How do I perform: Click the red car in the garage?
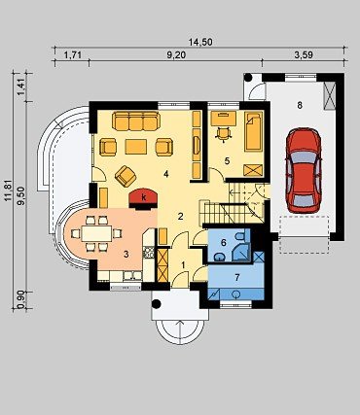pyautogui.click(x=304, y=171)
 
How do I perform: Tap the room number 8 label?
pyautogui.click(x=300, y=105)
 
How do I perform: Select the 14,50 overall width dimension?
pyautogui.click(x=200, y=42)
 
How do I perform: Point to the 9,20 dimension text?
pyautogui.click(x=176, y=55)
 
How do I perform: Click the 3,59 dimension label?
pyautogui.click(x=304, y=55)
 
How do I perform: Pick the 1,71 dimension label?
pyautogui.click(x=72, y=55)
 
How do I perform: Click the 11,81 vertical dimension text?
pyautogui.click(x=10, y=190)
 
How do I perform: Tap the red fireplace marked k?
pyautogui.click(x=143, y=198)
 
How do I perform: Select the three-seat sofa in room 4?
pyautogui.click(x=136, y=121)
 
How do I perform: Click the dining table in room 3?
pyautogui.click(x=96, y=233)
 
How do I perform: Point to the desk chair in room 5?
pyautogui.click(x=223, y=134)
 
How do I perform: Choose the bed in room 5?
pyautogui.click(x=253, y=131)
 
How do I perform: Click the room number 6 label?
pyautogui.click(x=223, y=242)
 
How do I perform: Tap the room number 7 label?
pyautogui.click(x=237, y=277)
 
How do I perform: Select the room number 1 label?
pyautogui.click(x=183, y=265)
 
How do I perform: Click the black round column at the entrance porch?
pyautogui.click(x=157, y=304)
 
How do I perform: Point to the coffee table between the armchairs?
pyautogui.click(x=136, y=147)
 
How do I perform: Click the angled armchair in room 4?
pyautogui.click(x=126, y=176)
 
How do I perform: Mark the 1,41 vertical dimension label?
pyautogui.click(x=21, y=87)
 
